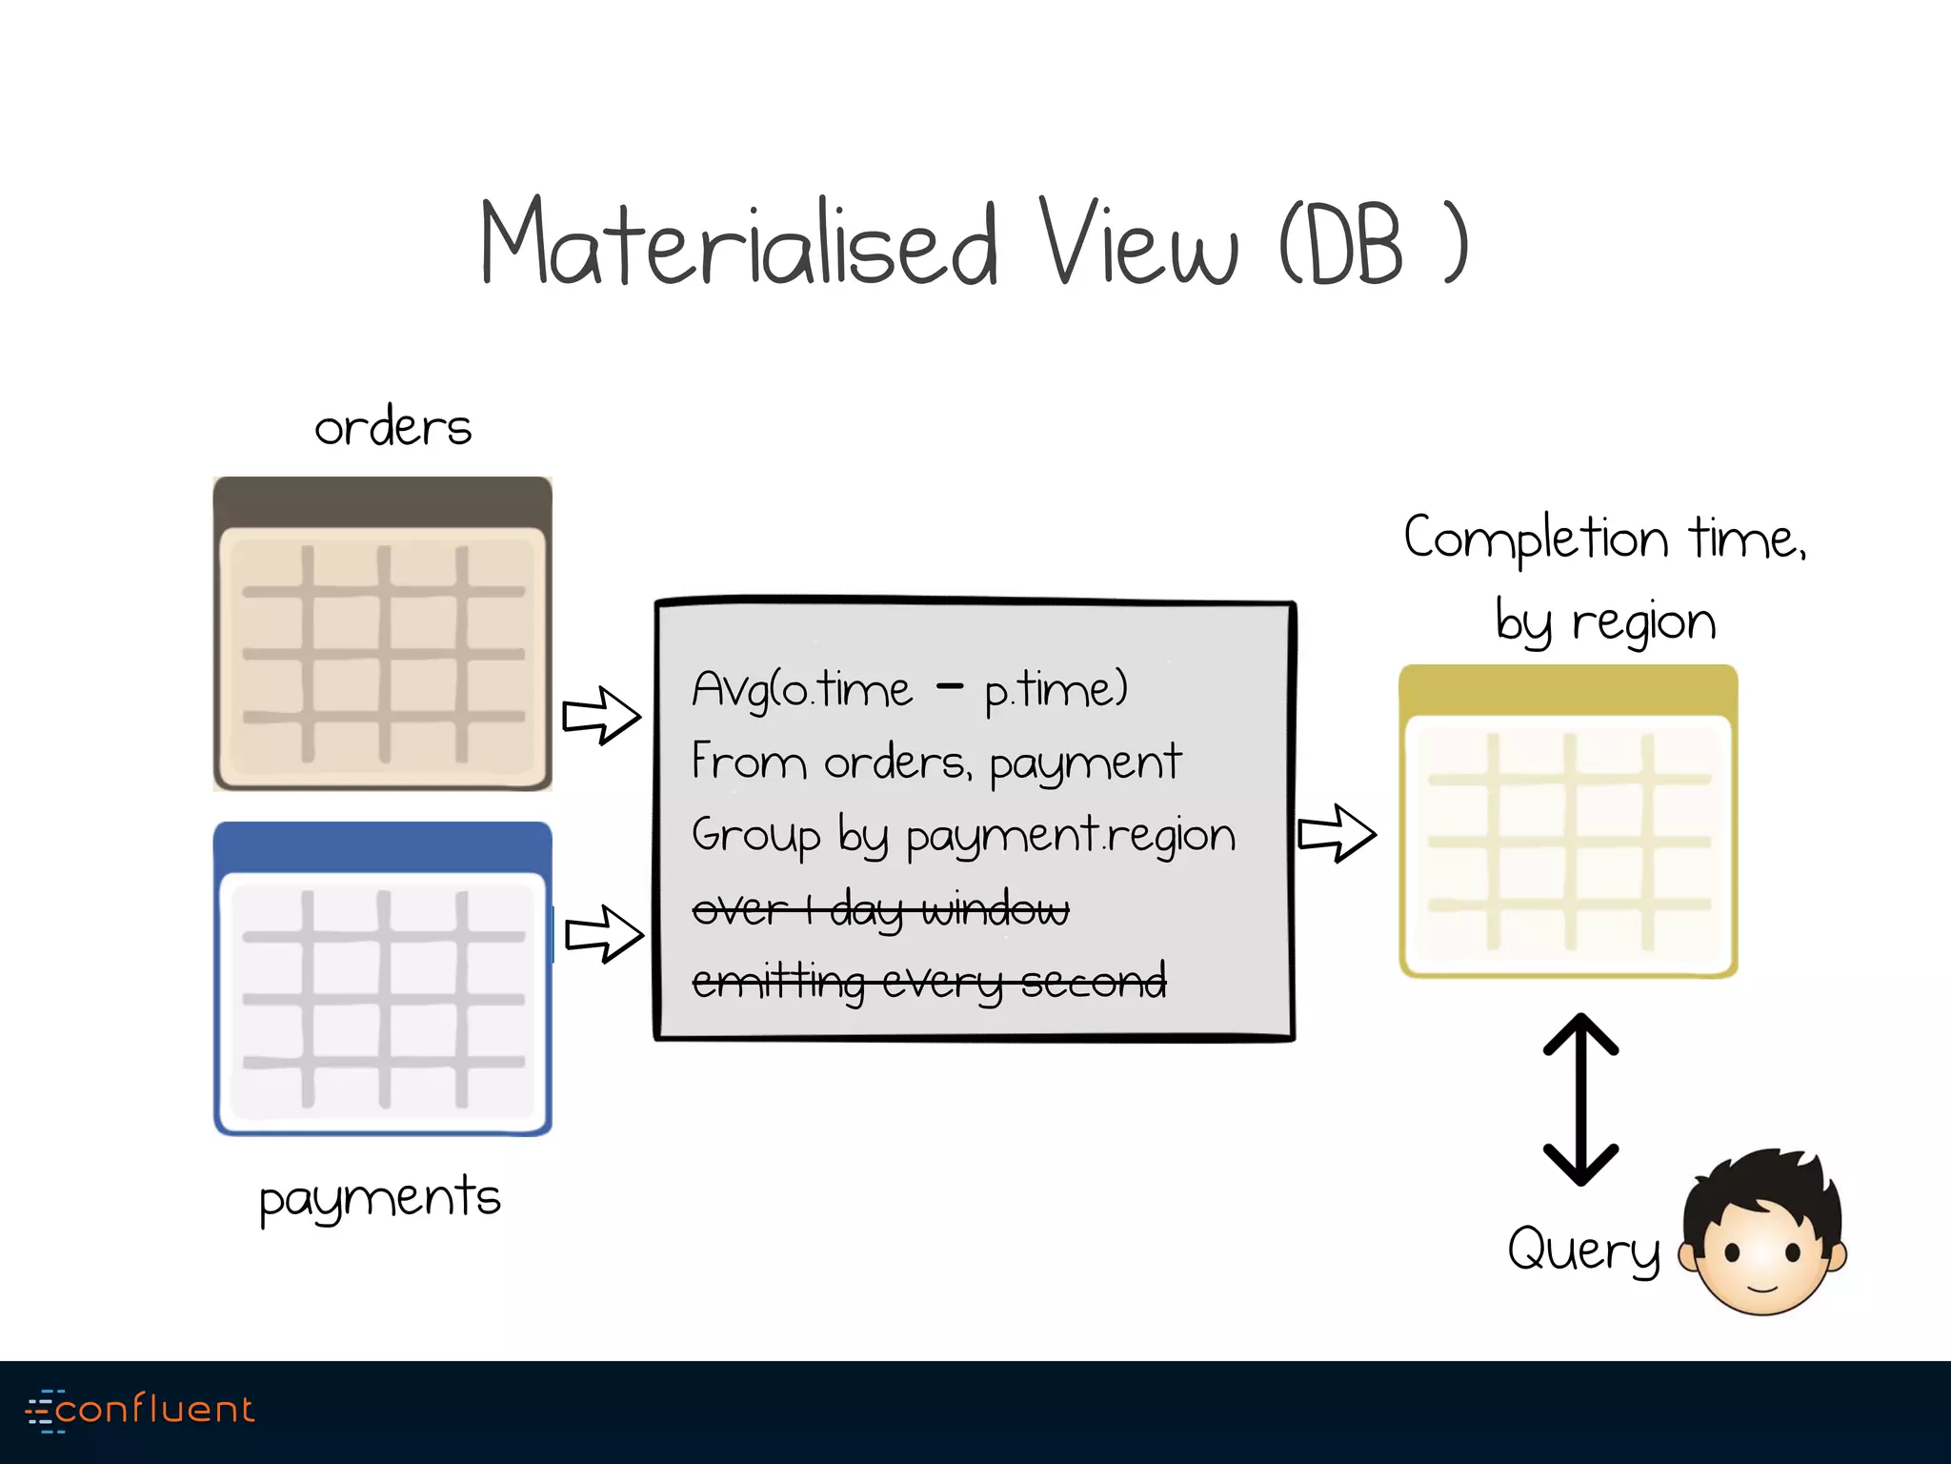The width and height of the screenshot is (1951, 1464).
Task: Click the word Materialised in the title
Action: pyautogui.click(x=738, y=243)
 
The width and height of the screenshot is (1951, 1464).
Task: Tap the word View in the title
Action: pyautogui.click(x=1138, y=243)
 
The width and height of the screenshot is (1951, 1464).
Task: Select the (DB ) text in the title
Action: pyautogui.click(x=1372, y=243)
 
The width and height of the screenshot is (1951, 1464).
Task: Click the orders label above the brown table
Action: pyautogui.click(x=392, y=427)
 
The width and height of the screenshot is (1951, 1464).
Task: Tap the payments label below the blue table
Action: pyautogui.click(x=379, y=1198)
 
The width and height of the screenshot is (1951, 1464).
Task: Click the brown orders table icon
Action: pyautogui.click(x=382, y=634)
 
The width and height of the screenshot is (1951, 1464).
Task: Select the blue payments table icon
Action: pyautogui.click(x=382, y=979)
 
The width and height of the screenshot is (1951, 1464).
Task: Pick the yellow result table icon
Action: pyautogui.click(x=1568, y=822)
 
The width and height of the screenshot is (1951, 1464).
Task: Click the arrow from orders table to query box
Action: pyautogui.click(x=601, y=715)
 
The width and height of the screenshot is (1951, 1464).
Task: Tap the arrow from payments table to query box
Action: pyautogui.click(x=604, y=934)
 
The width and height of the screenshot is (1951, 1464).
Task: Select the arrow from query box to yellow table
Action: pyautogui.click(x=1337, y=833)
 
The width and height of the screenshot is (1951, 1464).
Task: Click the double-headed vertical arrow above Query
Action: pyautogui.click(x=1580, y=1099)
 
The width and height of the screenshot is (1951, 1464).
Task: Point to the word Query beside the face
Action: pyautogui.click(x=1583, y=1249)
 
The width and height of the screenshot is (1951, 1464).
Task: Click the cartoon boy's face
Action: pyautogui.click(x=1762, y=1239)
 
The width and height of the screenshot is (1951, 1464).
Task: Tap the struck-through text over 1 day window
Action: pyautogui.click(x=880, y=909)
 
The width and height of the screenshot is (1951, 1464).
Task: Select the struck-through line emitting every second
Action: pyautogui.click(x=929, y=982)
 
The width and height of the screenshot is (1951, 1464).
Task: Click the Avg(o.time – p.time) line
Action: pyautogui.click(x=910, y=689)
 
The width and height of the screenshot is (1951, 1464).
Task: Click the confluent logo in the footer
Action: pyautogui.click(x=141, y=1410)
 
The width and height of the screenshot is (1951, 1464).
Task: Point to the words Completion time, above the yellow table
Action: pyautogui.click(x=1604, y=539)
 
